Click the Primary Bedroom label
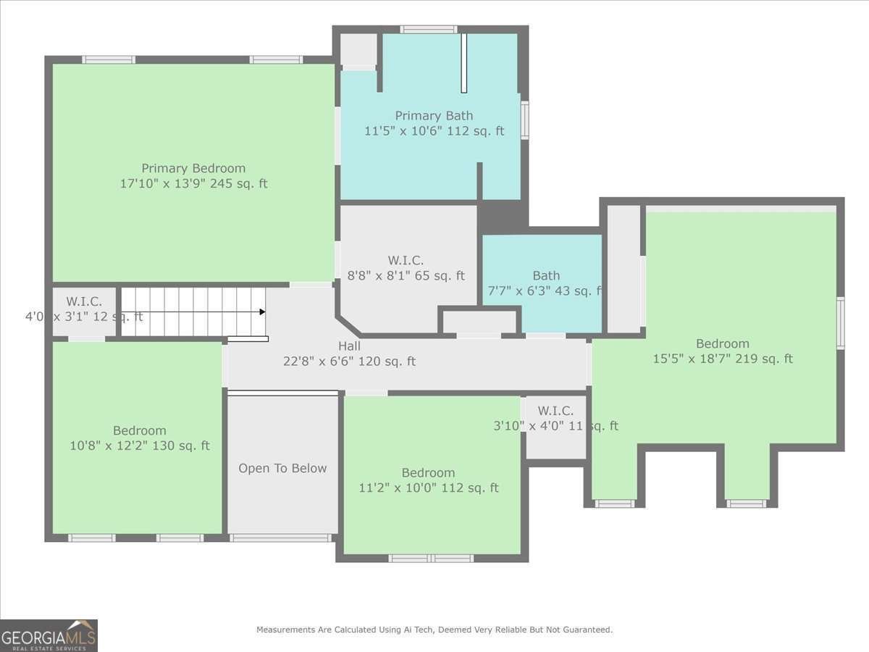tap(193, 168)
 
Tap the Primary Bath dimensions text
tap(434, 131)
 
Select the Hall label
tap(349, 346)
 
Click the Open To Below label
tap(282, 468)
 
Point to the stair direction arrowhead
tap(262, 312)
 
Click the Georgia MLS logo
tap(49, 635)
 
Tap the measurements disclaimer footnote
tap(434, 630)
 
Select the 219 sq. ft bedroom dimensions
tap(723, 359)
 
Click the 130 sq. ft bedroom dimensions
tap(139, 446)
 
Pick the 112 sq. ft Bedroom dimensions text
tap(429, 488)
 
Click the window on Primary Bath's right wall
tap(524, 120)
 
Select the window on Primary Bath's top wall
tap(429, 29)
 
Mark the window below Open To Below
tap(280, 538)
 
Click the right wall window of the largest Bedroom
tap(841, 323)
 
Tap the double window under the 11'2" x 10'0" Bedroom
tap(431, 558)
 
